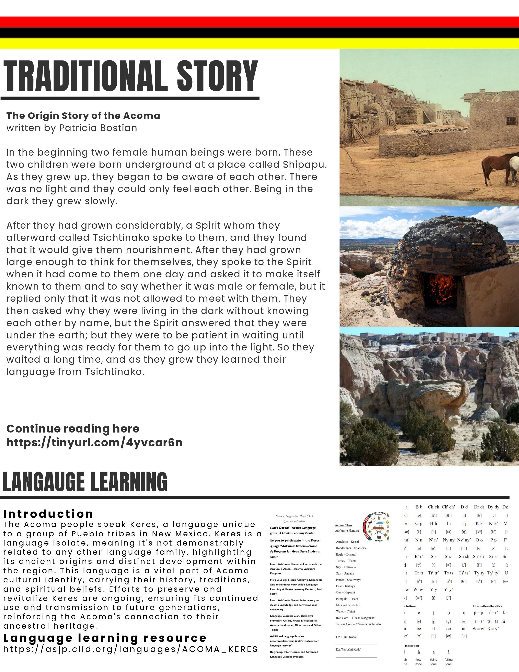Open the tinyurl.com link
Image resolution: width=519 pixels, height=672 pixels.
(94, 443)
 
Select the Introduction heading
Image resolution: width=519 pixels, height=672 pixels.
(48, 514)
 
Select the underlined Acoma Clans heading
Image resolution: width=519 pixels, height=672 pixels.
(343, 525)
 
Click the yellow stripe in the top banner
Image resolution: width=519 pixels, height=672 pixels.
(259, 43)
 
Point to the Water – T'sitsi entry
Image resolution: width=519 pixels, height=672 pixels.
(345, 611)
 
